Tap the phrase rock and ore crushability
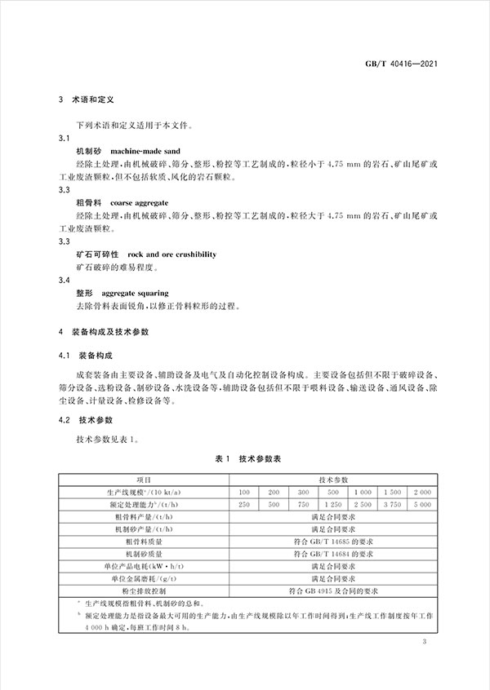pyautogui.click(x=172, y=254)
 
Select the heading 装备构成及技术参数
pyautogui.click(x=119, y=334)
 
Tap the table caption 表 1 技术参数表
pyautogui.click(x=244, y=460)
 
